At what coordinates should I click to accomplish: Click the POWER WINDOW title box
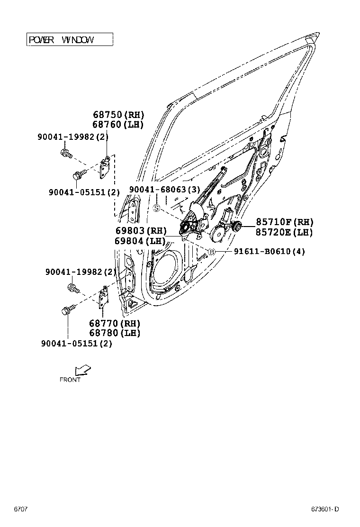pos(70,39)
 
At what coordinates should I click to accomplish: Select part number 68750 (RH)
pos(118,115)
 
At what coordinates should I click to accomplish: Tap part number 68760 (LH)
pos(118,124)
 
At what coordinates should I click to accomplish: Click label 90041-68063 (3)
pos(165,190)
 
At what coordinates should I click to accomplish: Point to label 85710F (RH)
pos(285,222)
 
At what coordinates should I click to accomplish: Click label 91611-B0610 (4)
pos(269,252)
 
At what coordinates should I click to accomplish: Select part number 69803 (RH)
pos(141,231)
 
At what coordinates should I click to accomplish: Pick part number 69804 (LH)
pos(140,241)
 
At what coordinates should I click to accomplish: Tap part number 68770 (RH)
pos(115,323)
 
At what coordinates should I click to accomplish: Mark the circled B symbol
pos(212,252)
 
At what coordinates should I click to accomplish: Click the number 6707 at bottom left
pos(20,509)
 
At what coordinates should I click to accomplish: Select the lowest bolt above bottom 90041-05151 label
pos(66,311)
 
